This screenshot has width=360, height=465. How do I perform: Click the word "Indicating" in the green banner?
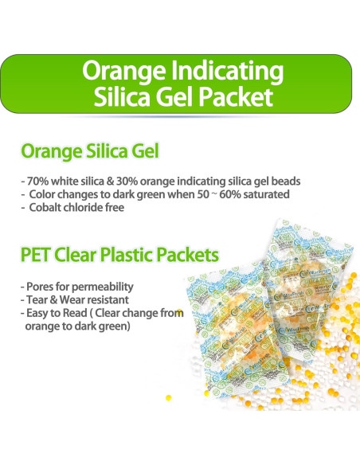tap(229, 71)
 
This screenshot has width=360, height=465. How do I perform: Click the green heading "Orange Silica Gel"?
tap(89, 151)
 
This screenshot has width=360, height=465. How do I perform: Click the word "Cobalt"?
tap(45, 208)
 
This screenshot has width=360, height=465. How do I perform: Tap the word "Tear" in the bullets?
tap(35, 299)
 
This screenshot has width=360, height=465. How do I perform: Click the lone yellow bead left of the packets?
tap(168, 397)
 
